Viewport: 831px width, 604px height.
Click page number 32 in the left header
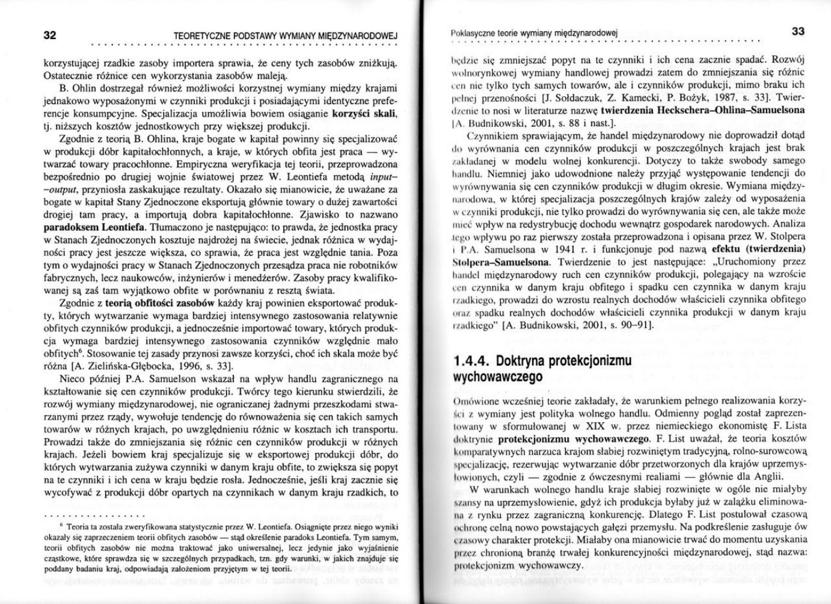coord(50,35)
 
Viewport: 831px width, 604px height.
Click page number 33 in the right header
coord(798,31)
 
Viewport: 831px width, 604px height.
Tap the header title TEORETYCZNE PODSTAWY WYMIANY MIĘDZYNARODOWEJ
coord(285,36)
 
